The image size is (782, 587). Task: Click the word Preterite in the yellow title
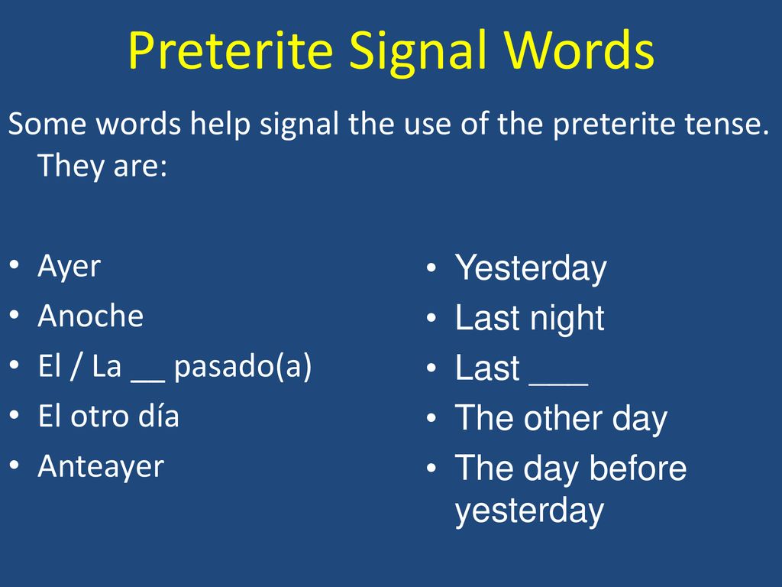[x=231, y=50]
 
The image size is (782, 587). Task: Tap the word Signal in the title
[x=417, y=52]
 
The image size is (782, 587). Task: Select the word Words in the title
[x=579, y=50]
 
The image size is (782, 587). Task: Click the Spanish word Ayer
[x=69, y=267]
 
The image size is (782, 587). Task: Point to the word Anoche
[x=91, y=316]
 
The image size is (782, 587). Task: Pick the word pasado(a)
[x=243, y=367]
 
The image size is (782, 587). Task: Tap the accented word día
[x=159, y=416]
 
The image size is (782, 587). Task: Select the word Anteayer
[x=102, y=467]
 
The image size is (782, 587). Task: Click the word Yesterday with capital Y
[x=531, y=268]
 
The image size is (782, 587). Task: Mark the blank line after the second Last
[x=558, y=384]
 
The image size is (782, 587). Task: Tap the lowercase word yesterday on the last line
[x=529, y=511]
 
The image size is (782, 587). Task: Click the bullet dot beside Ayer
[x=15, y=264]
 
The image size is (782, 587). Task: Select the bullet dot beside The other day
[x=431, y=417]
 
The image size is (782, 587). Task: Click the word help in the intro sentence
[x=220, y=125]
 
